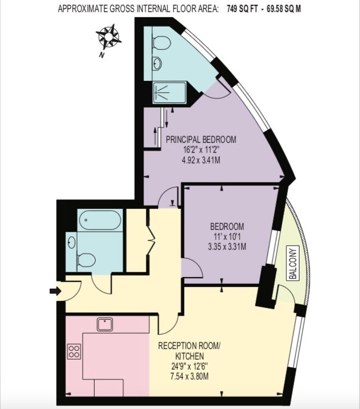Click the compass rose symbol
coord(108,37)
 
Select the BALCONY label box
coord(294,263)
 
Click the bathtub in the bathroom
coord(100,220)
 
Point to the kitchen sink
coord(105,325)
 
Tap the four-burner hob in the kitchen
coord(74,351)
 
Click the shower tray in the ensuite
coord(169,93)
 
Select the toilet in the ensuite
coord(161,43)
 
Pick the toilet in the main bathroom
coord(86,260)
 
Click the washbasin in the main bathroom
coord(71,243)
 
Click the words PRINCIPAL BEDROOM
coord(201,140)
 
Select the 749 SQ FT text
coord(243,9)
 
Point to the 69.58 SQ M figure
coord(284,9)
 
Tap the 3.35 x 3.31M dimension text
coord(227,247)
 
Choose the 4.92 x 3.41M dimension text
coord(201,160)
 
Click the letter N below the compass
coord(101,55)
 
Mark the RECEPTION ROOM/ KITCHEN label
coord(189,351)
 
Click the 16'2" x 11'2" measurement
coord(201,150)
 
